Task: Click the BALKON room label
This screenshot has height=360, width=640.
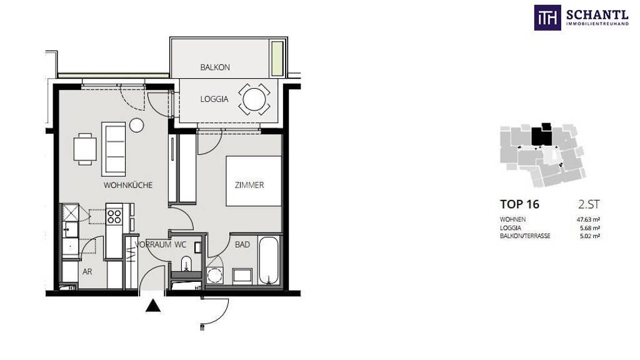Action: click(x=215, y=67)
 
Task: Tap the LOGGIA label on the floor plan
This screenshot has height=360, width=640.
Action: click(x=214, y=99)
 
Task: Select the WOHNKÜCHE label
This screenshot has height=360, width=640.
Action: click(x=128, y=185)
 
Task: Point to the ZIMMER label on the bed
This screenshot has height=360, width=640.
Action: click(x=249, y=185)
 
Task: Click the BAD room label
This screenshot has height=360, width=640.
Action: click(x=242, y=244)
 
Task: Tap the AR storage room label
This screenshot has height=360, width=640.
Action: click(x=87, y=272)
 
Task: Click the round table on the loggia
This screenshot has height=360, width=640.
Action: click(x=254, y=99)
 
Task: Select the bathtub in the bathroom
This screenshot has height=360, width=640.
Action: click(x=269, y=261)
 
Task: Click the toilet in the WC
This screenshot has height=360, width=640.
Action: click(x=186, y=264)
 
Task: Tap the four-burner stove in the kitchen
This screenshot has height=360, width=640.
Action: click(x=114, y=216)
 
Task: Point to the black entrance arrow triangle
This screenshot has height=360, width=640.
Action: click(x=153, y=306)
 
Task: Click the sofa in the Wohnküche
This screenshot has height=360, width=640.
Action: click(x=114, y=149)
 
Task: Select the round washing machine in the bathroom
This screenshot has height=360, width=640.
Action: click(x=214, y=275)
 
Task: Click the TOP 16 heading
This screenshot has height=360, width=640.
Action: click(x=519, y=204)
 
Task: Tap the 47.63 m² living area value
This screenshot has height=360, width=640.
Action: click(x=585, y=219)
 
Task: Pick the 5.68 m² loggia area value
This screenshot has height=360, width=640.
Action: click(x=590, y=228)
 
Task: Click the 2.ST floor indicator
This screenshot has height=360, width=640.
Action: click(x=589, y=204)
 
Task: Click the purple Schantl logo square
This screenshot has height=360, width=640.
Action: click(x=547, y=17)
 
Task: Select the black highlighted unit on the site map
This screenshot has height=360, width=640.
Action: click(x=542, y=134)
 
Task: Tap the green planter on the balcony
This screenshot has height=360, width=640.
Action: click(x=277, y=59)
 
